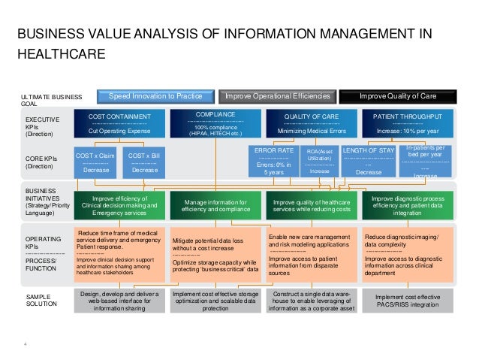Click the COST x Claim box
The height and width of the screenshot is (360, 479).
click(x=95, y=162)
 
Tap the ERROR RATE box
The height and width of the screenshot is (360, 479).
click(x=274, y=161)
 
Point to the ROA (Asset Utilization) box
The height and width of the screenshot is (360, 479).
click(x=319, y=161)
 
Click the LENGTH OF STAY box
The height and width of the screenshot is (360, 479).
click(x=368, y=161)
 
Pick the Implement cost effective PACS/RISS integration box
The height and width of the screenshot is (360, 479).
click(x=408, y=301)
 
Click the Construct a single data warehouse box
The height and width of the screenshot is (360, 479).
click(x=312, y=301)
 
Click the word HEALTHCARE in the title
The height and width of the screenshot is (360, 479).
click(x=62, y=54)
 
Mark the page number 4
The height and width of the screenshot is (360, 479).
click(x=25, y=344)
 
